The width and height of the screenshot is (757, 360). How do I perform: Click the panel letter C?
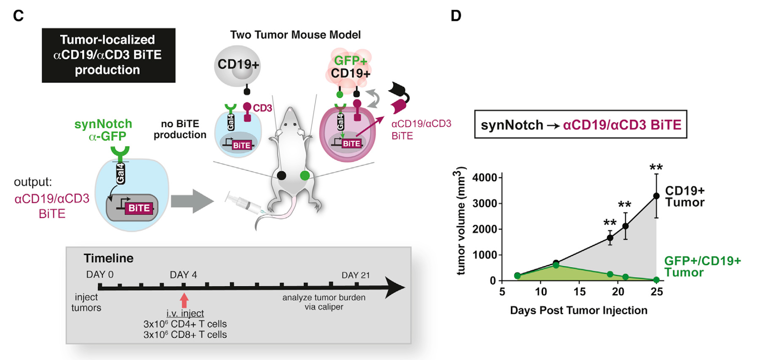point(18,16)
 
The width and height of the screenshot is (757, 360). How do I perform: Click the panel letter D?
point(456,16)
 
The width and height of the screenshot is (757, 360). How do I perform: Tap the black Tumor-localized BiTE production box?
point(108,55)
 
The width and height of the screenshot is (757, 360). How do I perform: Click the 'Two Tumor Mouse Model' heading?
point(295,35)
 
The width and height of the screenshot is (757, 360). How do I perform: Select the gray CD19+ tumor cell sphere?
point(238,65)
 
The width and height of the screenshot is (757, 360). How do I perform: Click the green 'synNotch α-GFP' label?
point(103,130)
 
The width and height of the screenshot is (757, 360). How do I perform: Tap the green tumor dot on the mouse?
point(305,176)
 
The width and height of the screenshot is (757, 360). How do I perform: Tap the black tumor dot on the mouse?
point(282,176)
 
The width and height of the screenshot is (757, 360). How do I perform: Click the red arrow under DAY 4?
point(184,300)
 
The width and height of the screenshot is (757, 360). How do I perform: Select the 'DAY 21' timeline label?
point(355,275)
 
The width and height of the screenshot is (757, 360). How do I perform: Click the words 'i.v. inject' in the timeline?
point(185,313)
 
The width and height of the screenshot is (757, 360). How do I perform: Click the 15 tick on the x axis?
point(579,291)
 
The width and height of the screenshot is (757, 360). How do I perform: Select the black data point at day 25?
point(656,196)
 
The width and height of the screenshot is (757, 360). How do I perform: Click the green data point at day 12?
point(556,265)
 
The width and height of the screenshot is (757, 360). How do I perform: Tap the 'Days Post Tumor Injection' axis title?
point(578,310)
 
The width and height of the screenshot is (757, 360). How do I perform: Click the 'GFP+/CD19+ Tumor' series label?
point(702,266)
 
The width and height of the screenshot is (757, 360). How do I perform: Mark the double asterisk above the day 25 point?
point(656,167)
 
